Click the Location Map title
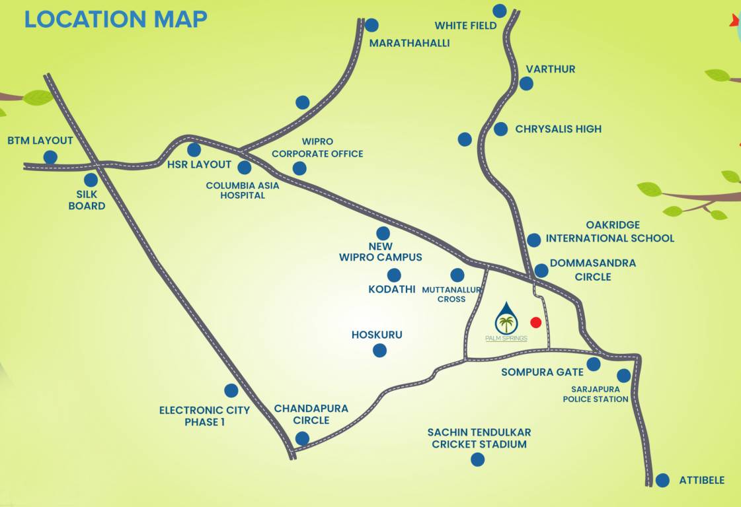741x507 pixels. [x=116, y=19]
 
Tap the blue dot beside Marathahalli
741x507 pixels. [x=371, y=25]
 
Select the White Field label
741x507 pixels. [x=465, y=26]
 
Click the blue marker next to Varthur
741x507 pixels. [x=526, y=83]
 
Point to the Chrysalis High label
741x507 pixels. [x=558, y=129]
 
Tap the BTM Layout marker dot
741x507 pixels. [x=50, y=157]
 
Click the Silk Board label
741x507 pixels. [x=87, y=200]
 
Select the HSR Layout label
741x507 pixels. [x=202, y=164]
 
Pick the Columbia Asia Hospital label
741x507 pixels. [x=243, y=190]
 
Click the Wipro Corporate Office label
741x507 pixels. [x=317, y=148]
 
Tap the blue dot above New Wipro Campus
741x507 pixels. [x=383, y=233]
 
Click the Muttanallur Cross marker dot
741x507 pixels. [x=457, y=275]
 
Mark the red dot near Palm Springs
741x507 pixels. [x=535, y=322]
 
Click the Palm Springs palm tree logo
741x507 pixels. [x=506, y=319]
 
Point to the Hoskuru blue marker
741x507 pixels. [x=379, y=351]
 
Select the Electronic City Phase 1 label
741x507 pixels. [x=204, y=416]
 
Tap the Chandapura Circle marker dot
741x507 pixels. [x=302, y=438]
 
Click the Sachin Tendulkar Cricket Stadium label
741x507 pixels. [x=479, y=438]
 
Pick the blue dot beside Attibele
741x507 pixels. [x=662, y=480]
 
